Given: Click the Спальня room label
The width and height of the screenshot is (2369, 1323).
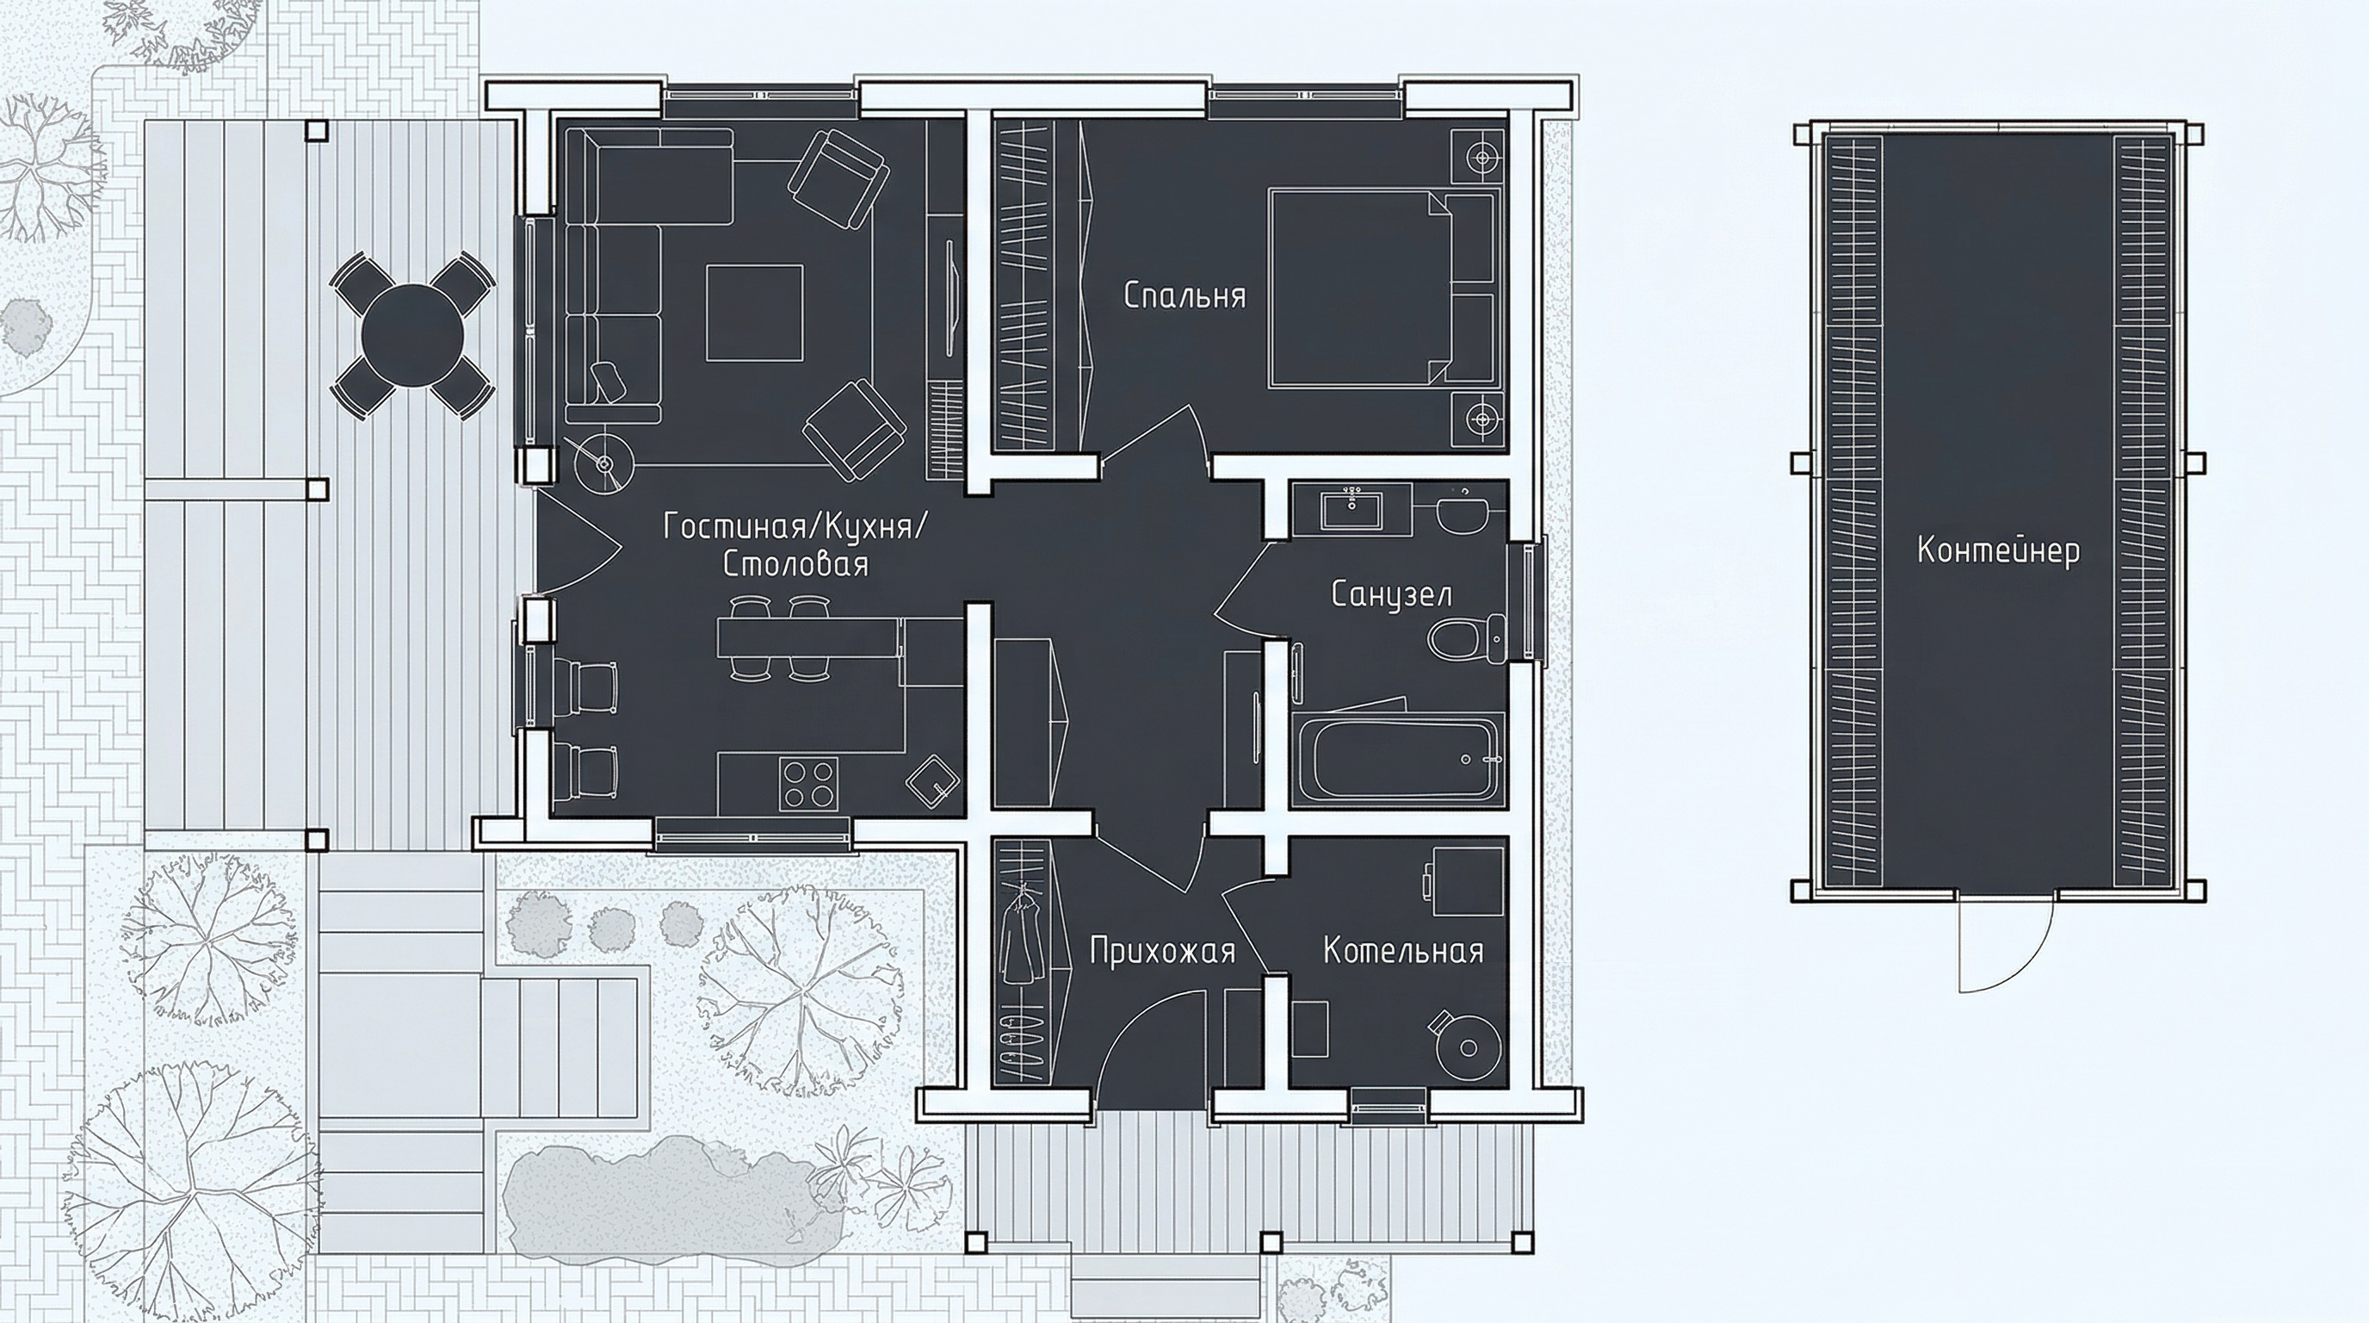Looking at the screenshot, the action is point(1184,296).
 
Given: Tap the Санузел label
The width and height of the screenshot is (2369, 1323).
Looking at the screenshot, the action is point(1391,594).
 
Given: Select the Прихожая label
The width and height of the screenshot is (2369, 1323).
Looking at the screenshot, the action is point(1162,950).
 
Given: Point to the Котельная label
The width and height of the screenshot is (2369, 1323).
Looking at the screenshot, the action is point(1403,950).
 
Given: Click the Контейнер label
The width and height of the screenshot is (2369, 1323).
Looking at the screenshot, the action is point(1998,550).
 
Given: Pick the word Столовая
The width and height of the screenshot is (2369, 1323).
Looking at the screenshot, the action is point(795,564).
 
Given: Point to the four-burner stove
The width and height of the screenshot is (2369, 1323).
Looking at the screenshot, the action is point(808,784).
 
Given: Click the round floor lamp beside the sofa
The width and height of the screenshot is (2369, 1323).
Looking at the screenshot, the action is point(604,463).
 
